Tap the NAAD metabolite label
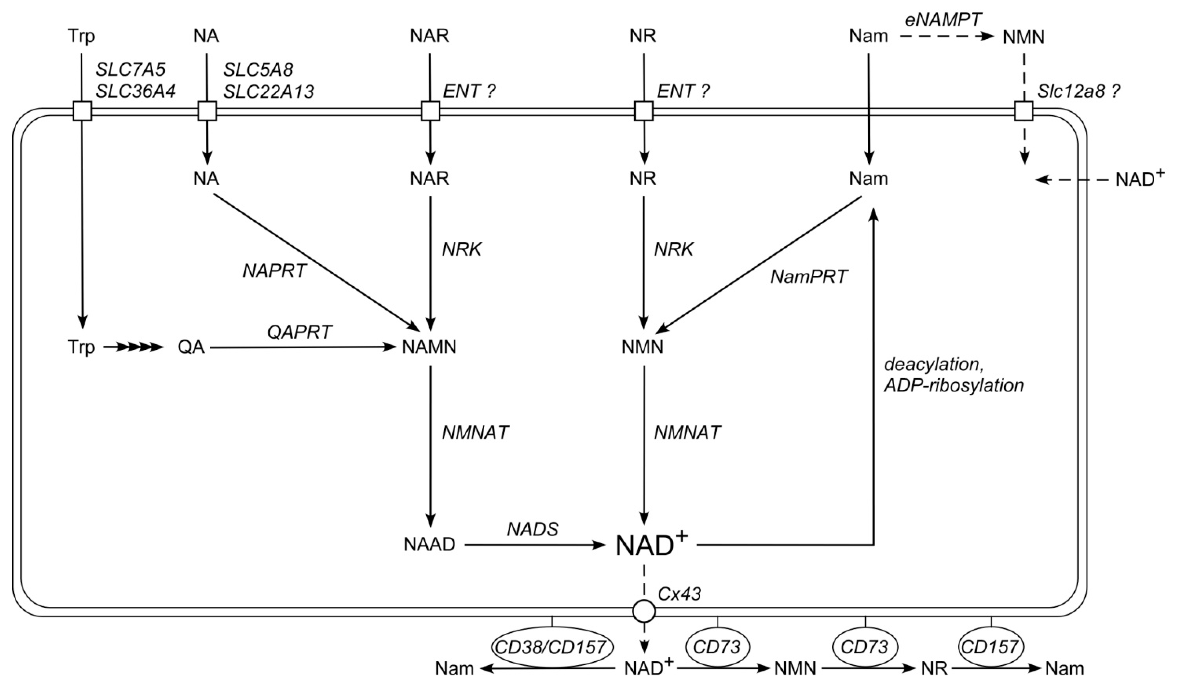pos(429,545)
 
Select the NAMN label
pos(429,347)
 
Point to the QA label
pos(191,348)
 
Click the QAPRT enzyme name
pos(299,332)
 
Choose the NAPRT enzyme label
pos(274,271)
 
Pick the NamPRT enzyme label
pos(809,277)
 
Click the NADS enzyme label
pos(533,529)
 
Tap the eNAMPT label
pos(942,20)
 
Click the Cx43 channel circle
pos(644,611)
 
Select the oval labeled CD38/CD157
pos(552,647)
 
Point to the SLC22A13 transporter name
pos(269,92)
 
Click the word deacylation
pos(930,364)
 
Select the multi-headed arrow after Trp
pos(133,348)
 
